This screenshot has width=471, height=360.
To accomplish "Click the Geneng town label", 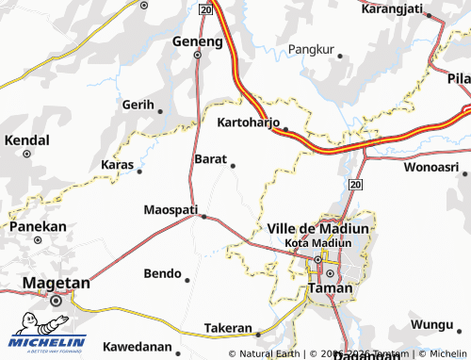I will coord(197,41).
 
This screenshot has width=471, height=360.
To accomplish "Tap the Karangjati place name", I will coord(391,8).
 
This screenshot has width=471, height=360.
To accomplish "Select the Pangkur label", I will coord(311,49).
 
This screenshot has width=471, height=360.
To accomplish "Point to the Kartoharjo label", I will coord(250,123).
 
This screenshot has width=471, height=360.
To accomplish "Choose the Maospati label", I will coord(171,208).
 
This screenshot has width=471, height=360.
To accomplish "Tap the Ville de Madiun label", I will coord(317,228).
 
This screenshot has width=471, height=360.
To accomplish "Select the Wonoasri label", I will coord(430,167).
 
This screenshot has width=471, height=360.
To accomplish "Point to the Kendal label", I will coord(27,139).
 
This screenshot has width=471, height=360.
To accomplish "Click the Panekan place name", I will coord(38,226).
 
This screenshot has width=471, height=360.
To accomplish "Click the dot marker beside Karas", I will coord(139,172).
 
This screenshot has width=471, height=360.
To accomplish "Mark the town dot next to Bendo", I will coord(187,280).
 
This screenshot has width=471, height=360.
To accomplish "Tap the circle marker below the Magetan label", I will coord(56,301).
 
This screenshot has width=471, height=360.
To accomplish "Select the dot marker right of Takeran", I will coord(257,332).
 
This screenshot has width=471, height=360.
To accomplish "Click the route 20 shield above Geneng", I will coord(205,8).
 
